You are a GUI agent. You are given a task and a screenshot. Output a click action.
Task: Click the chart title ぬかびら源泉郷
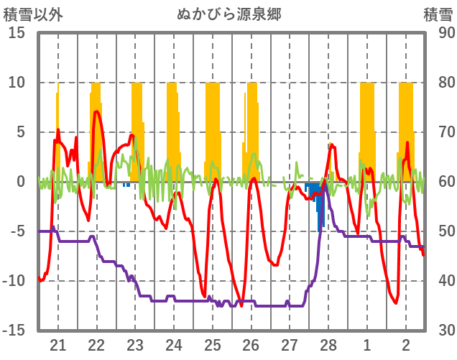(228, 14)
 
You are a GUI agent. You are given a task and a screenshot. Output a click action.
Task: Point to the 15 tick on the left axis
(17, 33)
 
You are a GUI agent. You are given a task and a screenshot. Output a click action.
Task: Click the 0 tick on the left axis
(22, 182)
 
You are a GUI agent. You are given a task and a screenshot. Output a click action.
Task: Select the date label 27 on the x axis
(290, 343)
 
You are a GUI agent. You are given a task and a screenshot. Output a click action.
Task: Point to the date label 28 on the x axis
(328, 343)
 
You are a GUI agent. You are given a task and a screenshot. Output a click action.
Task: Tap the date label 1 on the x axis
(367, 343)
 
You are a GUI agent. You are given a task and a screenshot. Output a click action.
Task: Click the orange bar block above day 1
(367, 122)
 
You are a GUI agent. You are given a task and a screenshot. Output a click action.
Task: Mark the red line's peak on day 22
(96, 111)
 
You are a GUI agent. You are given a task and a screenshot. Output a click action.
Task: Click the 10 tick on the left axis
(17, 83)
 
